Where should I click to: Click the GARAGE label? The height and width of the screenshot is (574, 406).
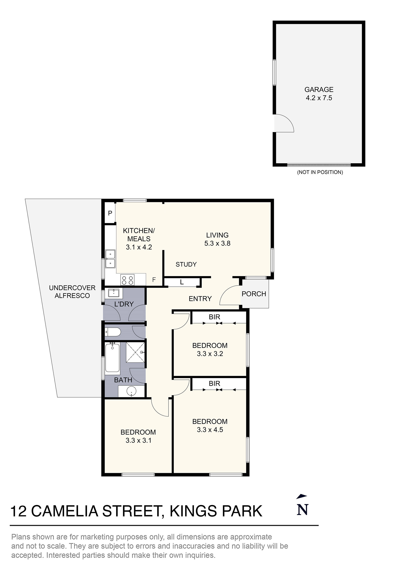319,89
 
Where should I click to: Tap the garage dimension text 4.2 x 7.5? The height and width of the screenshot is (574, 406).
319,98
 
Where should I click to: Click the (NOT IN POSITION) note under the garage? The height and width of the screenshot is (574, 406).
320,172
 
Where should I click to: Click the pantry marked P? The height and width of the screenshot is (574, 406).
110,213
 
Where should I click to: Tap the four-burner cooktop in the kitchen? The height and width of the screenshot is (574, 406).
127,280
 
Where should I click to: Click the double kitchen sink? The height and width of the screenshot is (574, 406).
110,258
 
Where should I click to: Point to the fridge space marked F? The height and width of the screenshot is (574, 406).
154,280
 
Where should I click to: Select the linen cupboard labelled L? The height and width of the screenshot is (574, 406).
182,282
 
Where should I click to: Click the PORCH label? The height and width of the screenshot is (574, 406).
254,294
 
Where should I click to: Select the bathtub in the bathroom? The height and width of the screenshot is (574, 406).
112,358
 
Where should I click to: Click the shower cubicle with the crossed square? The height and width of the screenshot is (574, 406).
135,352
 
